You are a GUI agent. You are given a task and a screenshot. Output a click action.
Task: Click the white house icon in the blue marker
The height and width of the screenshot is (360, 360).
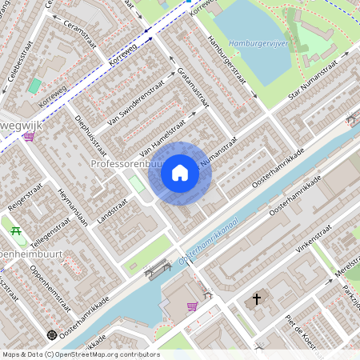click(x=180, y=173)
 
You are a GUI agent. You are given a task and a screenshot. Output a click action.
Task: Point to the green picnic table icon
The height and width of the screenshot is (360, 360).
click(x=16, y=232)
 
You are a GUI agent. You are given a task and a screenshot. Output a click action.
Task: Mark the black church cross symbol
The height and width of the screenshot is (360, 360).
click(x=257, y=299)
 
